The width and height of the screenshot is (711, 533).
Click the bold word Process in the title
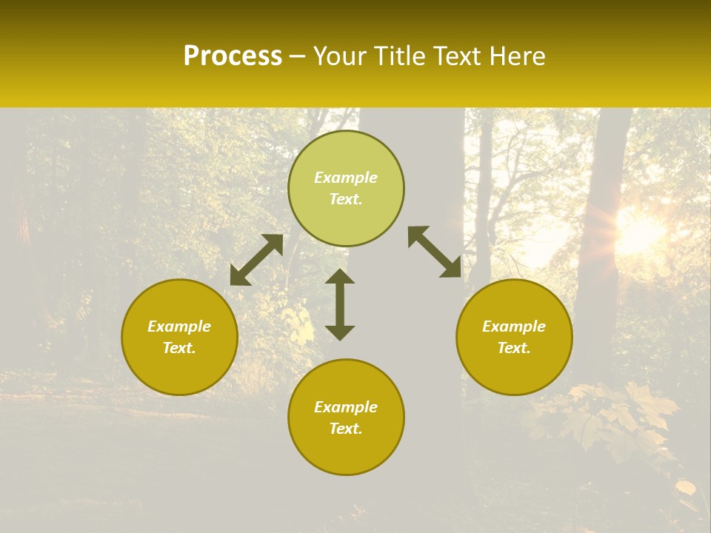pyautogui.click(x=233, y=56)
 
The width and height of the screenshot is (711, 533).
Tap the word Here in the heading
pyautogui.click(x=518, y=56)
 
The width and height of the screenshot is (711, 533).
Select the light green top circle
pyautogui.click(x=346, y=188)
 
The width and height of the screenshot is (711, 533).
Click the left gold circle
pyautogui.click(x=179, y=337)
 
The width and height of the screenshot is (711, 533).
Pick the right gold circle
pyautogui.click(x=514, y=337)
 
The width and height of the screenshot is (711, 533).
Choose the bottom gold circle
pyautogui.click(x=346, y=417)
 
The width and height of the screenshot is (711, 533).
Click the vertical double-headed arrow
pyautogui.click(x=340, y=304)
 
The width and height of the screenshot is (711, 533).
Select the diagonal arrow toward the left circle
pyautogui.click(x=256, y=260)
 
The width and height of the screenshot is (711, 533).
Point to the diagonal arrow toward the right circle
pyautogui.click(x=435, y=252)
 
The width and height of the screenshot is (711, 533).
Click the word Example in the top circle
pyautogui.click(x=346, y=178)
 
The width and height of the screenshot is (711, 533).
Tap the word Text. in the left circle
pyautogui.click(x=179, y=348)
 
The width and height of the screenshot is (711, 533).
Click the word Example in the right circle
pyautogui.click(x=514, y=326)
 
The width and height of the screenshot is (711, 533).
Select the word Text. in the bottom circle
pyautogui.click(x=346, y=429)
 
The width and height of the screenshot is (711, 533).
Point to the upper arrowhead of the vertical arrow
pyautogui.click(x=340, y=277)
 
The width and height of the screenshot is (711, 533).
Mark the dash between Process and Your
pyautogui.click(x=297, y=57)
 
